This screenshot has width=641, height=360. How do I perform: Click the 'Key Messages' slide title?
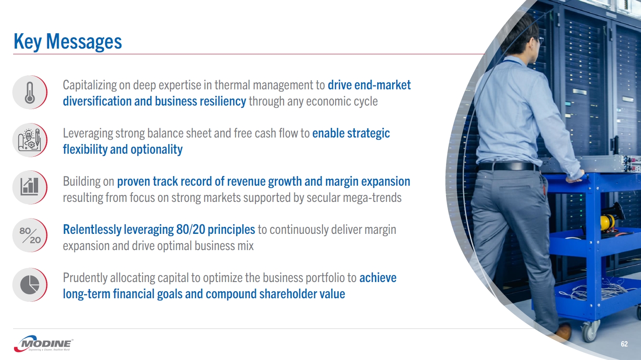[x=68, y=42]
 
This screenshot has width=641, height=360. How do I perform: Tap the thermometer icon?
[x=30, y=92]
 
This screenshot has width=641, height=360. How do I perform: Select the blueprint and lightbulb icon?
[x=30, y=140]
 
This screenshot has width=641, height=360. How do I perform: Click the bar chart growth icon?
[x=29, y=187]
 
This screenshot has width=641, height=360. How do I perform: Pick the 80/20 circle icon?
[x=30, y=235]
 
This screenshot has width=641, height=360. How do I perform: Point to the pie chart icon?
[x=30, y=285]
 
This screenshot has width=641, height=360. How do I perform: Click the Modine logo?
[x=43, y=343]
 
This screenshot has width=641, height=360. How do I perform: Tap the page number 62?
[x=624, y=344]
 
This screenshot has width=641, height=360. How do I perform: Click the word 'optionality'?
[x=156, y=149]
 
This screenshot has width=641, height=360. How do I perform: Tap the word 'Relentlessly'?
[x=92, y=229]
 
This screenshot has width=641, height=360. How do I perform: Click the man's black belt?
[x=507, y=166]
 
